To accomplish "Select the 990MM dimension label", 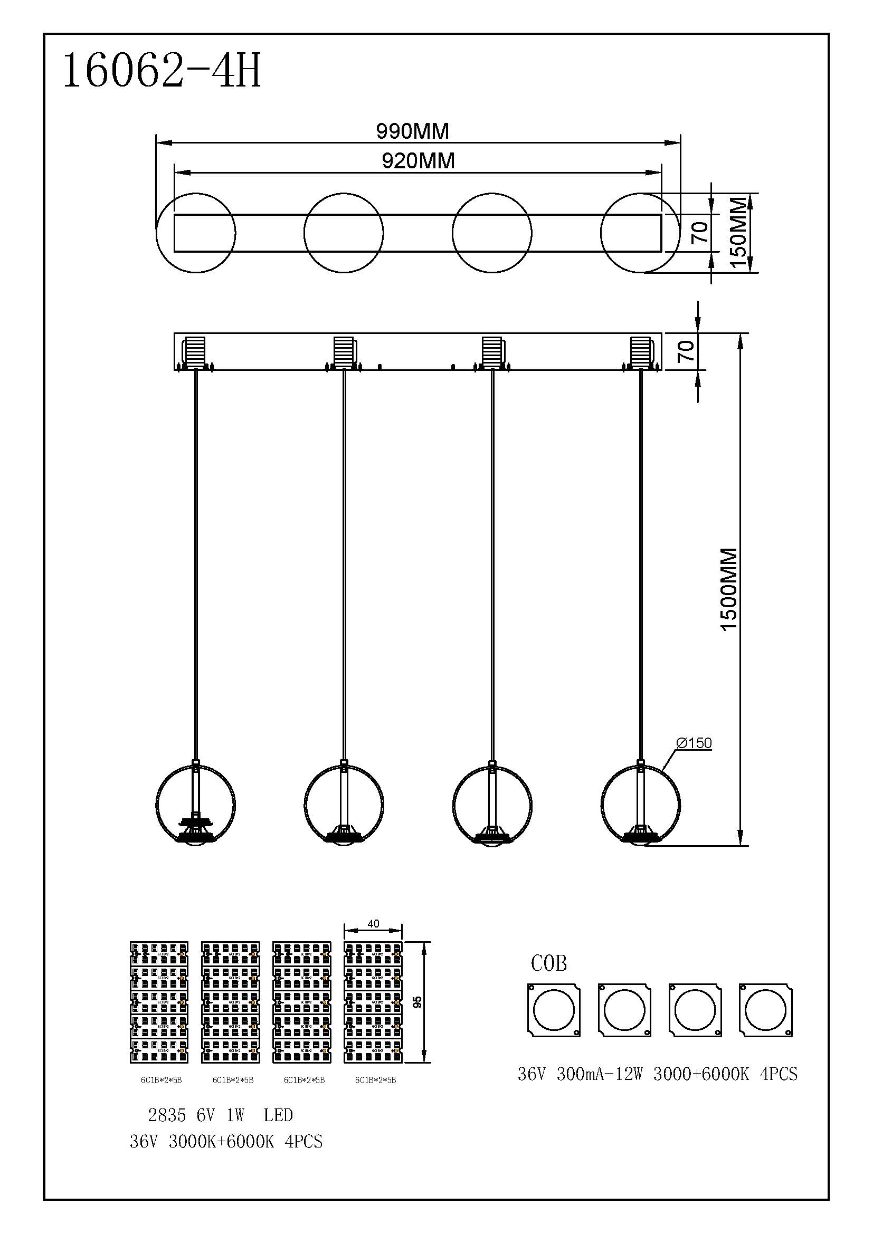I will pyautogui.click(x=412, y=131).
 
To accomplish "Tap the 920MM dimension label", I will pyautogui.click(x=418, y=161).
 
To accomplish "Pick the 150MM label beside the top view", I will pyautogui.click(x=739, y=233).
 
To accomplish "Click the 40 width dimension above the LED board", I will pyautogui.click(x=373, y=923).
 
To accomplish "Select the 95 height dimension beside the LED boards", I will pyautogui.click(x=418, y=1002).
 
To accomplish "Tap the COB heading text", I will pyautogui.click(x=548, y=964).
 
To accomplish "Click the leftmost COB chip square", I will pyautogui.click(x=554, y=1010).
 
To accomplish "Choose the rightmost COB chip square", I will pyautogui.click(x=765, y=1010).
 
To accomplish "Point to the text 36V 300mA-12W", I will pyautogui.click(x=580, y=1074).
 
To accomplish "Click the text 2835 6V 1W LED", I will pyautogui.click(x=221, y=1115).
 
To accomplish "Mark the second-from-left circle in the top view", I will pyautogui.click(x=344, y=233).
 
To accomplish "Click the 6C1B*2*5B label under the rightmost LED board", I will pyautogui.click(x=375, y=1080).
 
